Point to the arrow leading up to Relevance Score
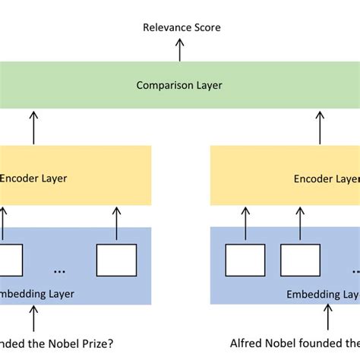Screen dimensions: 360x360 [x=180, y=50]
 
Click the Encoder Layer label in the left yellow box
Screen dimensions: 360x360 [x=33, y=178]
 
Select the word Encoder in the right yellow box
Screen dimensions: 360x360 [x=311, y=179]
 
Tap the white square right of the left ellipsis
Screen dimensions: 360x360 [x=116, y=259]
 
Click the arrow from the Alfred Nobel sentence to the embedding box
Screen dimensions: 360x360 [x=327, y=314]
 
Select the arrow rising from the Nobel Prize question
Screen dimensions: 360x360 [x=33, y=314]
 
